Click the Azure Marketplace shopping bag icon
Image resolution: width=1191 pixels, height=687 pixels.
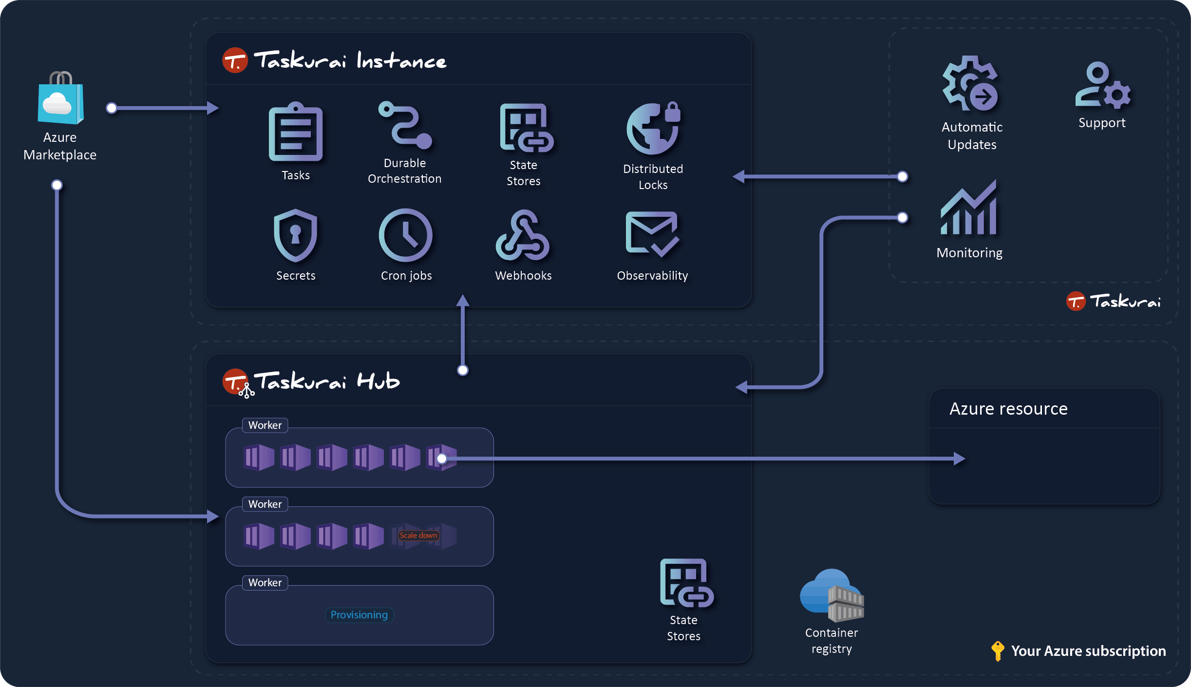click(x=61, y=99)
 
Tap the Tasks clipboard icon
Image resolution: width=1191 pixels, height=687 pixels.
click(x=296, y=133)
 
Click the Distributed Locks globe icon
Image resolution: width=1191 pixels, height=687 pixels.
click(x=653, y=129)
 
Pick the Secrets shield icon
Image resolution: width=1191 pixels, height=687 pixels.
click(x=295, y=235)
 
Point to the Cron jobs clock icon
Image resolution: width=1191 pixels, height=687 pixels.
click(x=405, y=235)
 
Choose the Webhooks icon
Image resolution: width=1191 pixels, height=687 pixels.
click(x=522, y=235)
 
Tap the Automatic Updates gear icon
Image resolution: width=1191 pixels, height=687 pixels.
click(x=971, y=84)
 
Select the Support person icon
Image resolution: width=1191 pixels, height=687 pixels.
click(x=1102, y=85)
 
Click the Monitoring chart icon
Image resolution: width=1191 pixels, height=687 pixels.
click(x=969, y=208)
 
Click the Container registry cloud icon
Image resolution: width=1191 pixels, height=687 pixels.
click(x=832, y=595)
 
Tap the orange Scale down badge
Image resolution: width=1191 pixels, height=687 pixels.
click(x=418, y=535)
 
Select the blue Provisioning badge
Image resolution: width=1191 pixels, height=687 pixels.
click(x=359, y=615)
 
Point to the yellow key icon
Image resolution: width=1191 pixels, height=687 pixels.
click(x=998, y=650)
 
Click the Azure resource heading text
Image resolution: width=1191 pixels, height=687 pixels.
click(x=1008, y=409)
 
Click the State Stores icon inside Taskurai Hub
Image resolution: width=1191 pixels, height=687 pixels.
click(x=686, y=583)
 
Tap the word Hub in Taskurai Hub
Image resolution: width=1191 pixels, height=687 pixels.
click(x=378, y=381)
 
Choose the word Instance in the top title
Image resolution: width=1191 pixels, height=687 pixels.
click(x=401, y=61)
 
